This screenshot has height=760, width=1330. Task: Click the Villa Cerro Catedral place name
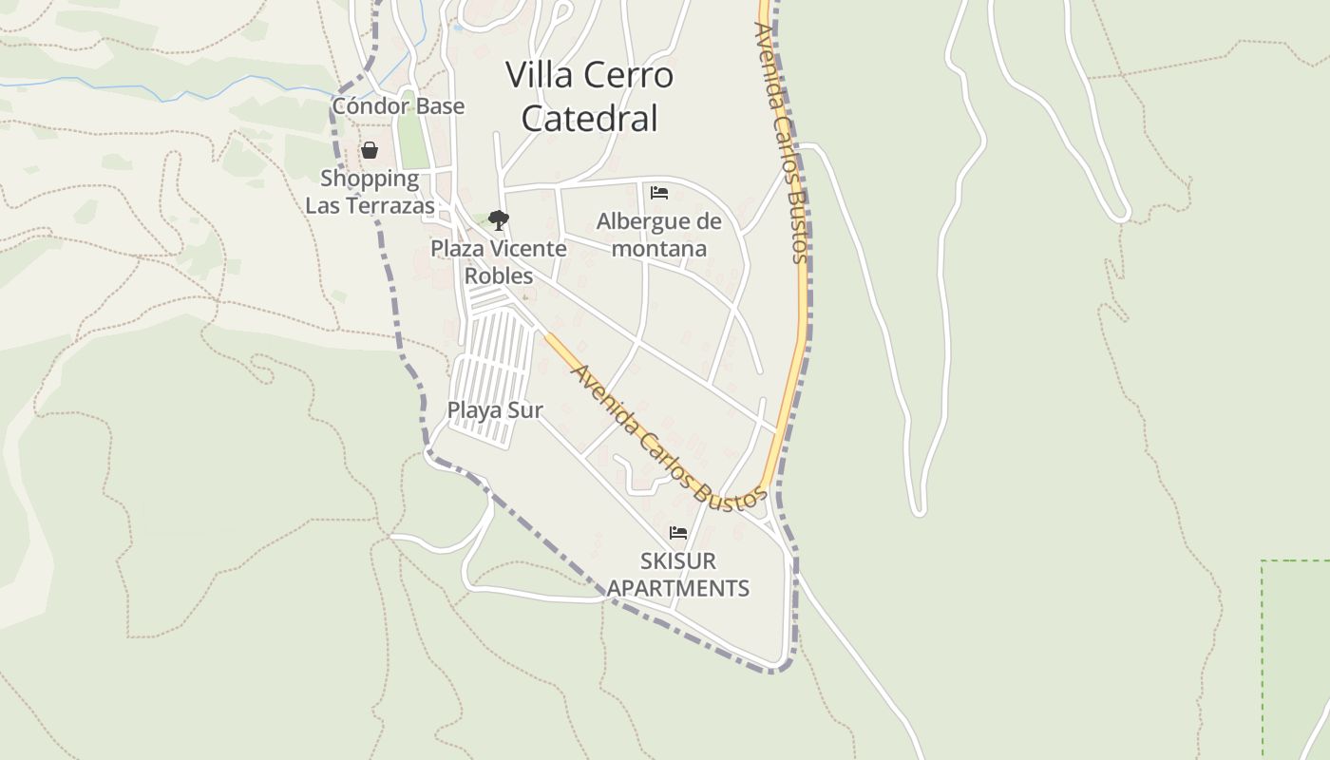(x=589, y=96)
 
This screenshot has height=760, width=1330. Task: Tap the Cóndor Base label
(x=398, y=105)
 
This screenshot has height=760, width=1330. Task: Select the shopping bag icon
(x=370, y=150)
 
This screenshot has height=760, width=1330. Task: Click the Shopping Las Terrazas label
(x=370, y=192)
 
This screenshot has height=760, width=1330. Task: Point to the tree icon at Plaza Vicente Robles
(x=498, y=220)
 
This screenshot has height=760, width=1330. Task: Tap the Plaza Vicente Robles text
(x=499, y=261)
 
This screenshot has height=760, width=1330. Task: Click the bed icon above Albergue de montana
(x=659, y=193)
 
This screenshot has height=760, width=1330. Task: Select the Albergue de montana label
(x=658, y=235)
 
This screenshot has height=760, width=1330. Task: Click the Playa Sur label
(x=495, y=410)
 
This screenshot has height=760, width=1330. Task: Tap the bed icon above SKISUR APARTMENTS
(x=677, y=533)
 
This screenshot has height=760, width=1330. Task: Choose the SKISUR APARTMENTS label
(x=678, y=574)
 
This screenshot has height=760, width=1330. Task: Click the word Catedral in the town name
(x=589, y=119)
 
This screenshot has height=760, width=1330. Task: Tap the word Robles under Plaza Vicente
(x=499, y=275)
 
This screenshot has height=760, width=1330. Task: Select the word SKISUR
(x=678, y=560)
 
